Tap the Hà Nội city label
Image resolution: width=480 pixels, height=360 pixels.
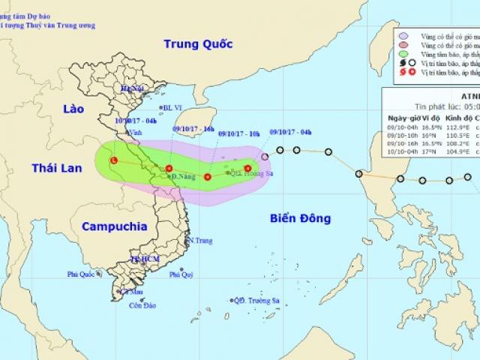pos(132,88)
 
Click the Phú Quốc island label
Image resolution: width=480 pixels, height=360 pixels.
pos(82,274)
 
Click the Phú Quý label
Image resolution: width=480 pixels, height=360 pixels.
pos(181,274)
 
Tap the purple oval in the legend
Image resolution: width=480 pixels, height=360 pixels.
pos(404,34)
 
